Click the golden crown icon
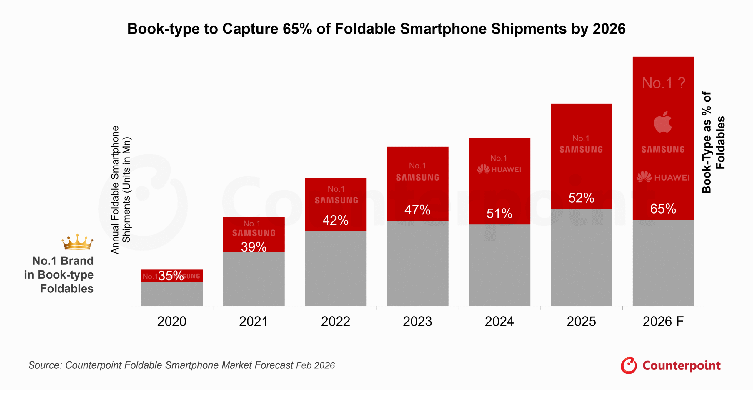pos(77,242)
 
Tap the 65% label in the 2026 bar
pos(663,209)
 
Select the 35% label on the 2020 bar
pos(171,276)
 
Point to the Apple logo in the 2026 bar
pos(663,122)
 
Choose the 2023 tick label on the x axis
pos(417,321)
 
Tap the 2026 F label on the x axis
pos(663,321)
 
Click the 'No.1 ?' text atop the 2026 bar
pos(663,83)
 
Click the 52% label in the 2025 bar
pos(581,198)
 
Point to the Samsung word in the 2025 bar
pos(581,150)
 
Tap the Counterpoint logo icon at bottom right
pos(629,365)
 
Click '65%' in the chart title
pos(297,29)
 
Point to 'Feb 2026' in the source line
pos(315,365)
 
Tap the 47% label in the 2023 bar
pos(417,210)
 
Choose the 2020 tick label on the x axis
pos(172,321)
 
